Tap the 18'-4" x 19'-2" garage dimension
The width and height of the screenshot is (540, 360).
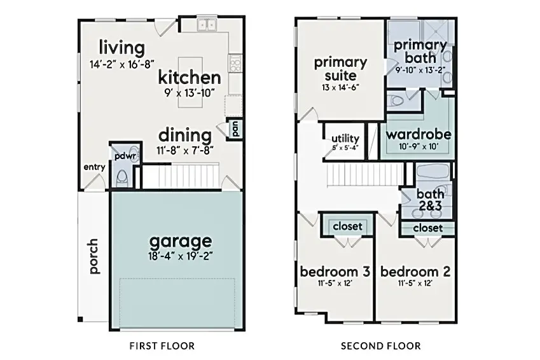click(x=181, y=257)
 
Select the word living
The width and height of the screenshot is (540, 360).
click(x=122, y=48)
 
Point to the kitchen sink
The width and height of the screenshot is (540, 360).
click(x=207, y=25)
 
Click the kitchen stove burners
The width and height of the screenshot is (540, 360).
click(x=235, y=64)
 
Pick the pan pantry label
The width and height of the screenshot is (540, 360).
click(x=235, y=129)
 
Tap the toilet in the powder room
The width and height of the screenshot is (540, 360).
click(x=121, y=178)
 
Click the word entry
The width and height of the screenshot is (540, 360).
click(x=94, y=167)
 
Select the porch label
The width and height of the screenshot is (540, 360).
click(x=93, y=256)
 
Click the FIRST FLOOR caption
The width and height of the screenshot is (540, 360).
click(x=162, y=345)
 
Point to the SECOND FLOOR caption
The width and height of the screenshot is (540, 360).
click(x=380, y=345)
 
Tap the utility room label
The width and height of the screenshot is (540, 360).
click(x=345, y=139)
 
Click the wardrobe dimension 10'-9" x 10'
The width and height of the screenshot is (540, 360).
click(x=419, y=147)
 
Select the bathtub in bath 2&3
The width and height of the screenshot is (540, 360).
click(x=433, y=174)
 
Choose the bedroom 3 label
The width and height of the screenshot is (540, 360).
click(x=335, y=272)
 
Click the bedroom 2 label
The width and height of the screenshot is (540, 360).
click(x=415, y=272)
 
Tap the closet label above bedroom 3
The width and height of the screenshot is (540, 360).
click(x=347, y=226)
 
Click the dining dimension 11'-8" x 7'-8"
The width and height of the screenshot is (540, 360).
click(x=185, y=151)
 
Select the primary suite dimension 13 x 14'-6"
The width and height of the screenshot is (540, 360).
click(x=340, y=88)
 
